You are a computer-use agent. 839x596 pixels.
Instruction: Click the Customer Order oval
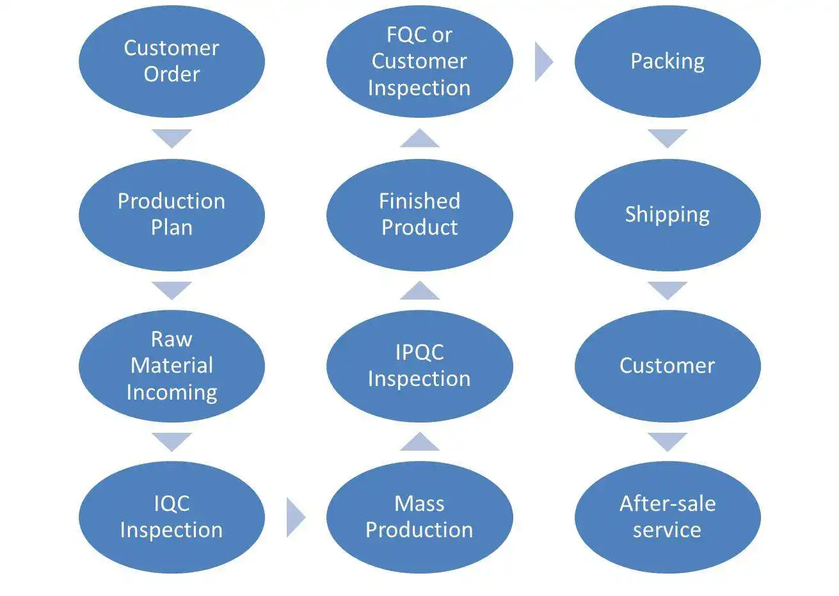coord(172,61)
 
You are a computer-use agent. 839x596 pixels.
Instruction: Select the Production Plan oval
coord(172,214)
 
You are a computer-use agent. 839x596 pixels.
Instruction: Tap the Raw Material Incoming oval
coord(172,366)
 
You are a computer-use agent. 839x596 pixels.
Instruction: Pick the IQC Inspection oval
coord(172,517)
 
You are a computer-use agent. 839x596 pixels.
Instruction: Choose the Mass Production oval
coord(419,517)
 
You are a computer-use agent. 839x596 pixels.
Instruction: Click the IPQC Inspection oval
coord(419,366)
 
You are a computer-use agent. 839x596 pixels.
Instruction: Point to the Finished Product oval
coord(419,214)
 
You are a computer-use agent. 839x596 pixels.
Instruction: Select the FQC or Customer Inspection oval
coord(419,61)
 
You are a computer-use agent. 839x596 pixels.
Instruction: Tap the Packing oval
coord(667,61)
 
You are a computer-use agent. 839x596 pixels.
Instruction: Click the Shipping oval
coord(667,214)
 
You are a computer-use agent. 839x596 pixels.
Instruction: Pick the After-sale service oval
coord(667,517)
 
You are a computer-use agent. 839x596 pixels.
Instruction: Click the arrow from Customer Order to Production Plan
coord(172,138)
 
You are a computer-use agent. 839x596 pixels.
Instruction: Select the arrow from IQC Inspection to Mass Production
coord(294,517)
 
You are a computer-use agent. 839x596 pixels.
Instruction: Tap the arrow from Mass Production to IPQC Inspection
coord(419,442)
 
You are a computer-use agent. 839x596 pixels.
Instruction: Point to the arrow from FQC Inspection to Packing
coord(543,61)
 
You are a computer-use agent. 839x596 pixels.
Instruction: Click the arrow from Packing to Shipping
coord(667,138)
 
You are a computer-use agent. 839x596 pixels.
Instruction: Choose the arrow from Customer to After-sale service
coord(667,441)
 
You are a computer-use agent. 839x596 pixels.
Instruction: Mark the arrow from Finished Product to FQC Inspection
coord(419,138)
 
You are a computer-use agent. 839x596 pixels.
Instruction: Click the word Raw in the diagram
coord(172,339)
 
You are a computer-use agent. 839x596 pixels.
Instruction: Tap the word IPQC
coord(419,352)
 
